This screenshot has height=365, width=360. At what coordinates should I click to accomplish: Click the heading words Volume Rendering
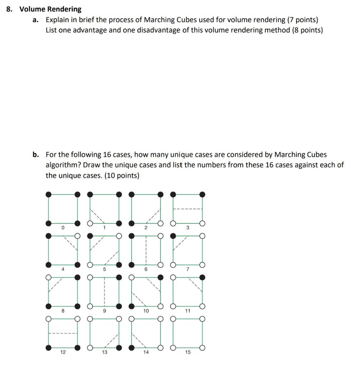(x=50, y=9)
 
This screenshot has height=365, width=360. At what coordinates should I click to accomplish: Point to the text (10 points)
(x=122, y=176)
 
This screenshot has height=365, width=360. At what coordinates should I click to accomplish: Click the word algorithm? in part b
(x=63, y=165)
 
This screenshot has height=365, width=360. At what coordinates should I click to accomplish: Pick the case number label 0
(x=63, y=227)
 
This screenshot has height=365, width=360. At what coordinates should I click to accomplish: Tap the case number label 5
(x=104, y=269)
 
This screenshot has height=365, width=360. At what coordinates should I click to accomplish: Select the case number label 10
(x=146, y=311)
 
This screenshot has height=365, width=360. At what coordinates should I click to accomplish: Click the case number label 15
(x=188, y=352)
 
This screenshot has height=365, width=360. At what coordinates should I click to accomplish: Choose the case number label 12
(x=63, y=352)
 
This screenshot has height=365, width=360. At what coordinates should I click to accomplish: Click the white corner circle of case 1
(x=90, y=223)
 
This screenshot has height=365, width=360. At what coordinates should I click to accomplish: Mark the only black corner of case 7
(x=173, y=236)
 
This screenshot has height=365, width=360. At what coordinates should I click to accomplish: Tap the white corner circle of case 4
(x=77, y=236)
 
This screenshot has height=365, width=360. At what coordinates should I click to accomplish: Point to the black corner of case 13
(x=119, y=348)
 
